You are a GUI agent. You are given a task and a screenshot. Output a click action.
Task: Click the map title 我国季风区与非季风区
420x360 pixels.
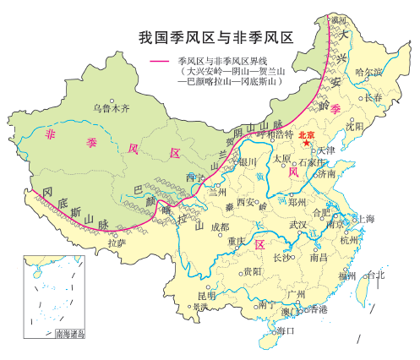[215, 38]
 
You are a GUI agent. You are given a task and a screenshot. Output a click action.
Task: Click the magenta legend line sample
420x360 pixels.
[161, 62]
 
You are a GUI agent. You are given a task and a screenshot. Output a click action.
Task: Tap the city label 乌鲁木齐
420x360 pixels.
[112, 107]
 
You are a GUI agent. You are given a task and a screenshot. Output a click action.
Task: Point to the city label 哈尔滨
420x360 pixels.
[369, 74]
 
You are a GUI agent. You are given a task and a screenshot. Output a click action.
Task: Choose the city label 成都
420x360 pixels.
[219, 226]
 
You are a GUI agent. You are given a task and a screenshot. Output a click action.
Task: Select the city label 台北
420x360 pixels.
[374, 275]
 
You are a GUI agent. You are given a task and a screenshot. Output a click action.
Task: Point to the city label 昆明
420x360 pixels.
[206, 296]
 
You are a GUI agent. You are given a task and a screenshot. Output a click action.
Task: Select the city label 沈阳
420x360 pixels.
[354, 125]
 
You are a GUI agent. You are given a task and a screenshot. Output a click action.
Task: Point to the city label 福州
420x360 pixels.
[347, 275]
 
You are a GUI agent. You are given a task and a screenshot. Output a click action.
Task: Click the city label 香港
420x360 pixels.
[319, 309]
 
